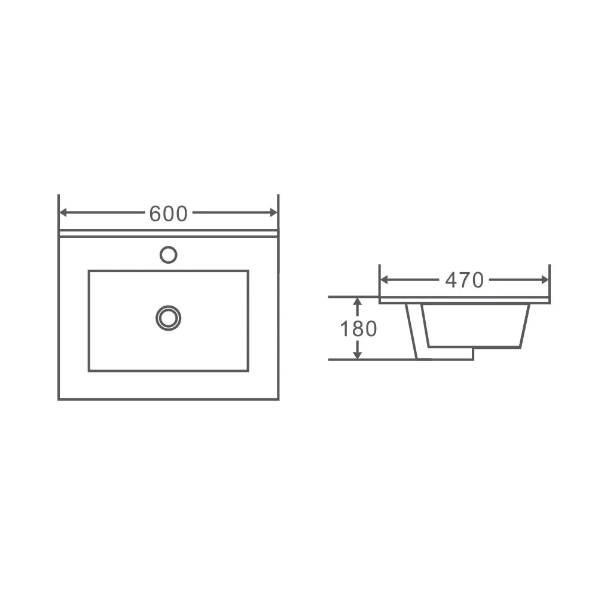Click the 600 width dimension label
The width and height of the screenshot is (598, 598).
168,213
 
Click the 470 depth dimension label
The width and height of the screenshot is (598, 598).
464,280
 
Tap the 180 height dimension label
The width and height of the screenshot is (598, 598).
358,329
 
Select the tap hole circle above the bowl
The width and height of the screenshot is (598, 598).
169,255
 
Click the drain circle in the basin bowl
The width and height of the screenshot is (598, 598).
168,318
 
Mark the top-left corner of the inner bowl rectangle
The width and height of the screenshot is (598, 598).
89,271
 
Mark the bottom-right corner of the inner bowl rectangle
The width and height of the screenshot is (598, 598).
248,371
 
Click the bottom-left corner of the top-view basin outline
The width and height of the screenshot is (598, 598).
59,398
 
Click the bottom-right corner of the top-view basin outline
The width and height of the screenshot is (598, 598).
278,398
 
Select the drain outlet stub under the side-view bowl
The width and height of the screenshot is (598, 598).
450,353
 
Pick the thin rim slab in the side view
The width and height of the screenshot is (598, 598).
465,300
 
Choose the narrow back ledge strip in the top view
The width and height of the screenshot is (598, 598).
168,233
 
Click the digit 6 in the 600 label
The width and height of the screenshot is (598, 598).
155,213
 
